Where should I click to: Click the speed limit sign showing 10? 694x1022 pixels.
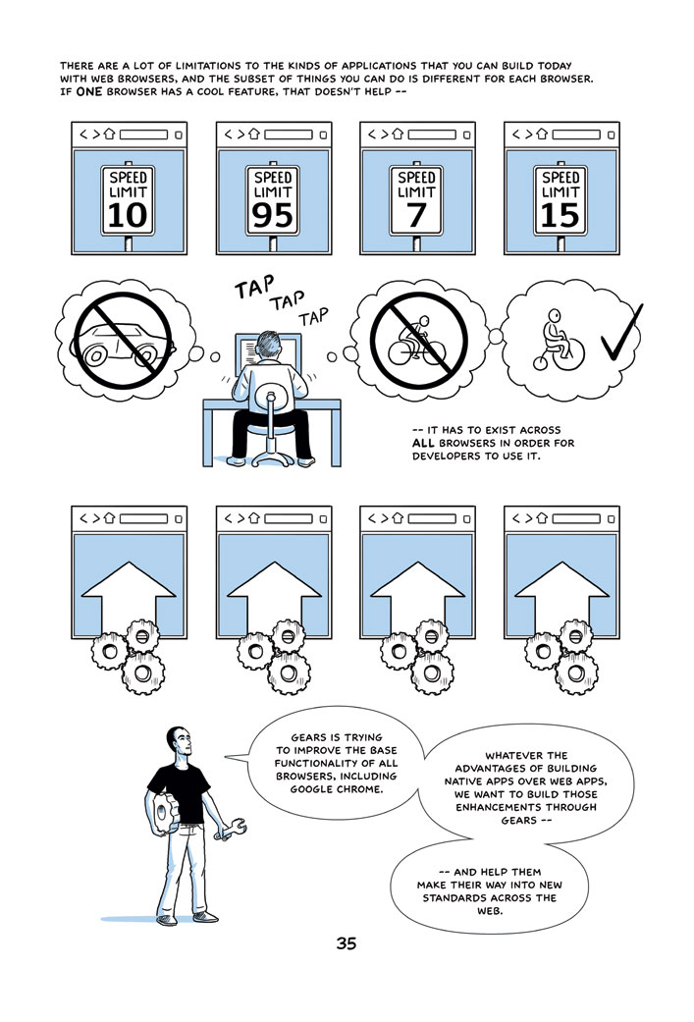pyautogui.click(x=128, y=200)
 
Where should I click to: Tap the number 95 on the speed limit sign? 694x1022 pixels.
pyautogui.click(x=272, y=216)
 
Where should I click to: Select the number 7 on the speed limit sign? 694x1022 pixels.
pyautogui.click(x=416, y=216)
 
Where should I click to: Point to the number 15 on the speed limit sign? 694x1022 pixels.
pyautogui.click(x=561, y=216)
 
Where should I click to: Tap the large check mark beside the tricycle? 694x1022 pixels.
pyautogui.click(x=621, y=334)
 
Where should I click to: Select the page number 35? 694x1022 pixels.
pyautogui.click(x=347, y=943)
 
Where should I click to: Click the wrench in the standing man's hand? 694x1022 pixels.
pyautogui.click(x=231, y=830)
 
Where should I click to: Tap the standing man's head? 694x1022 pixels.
pyautogui.click(x=180, y=742)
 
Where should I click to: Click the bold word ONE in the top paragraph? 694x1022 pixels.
pyautogui.click(x=89, y=92)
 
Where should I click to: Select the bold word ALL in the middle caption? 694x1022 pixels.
pyautogui.click(x=423, y=443)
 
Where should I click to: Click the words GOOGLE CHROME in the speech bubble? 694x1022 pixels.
pyautogui.click(x=337, y=789)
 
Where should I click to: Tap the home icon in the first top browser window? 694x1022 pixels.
pyautogui.click(x=109, y=134)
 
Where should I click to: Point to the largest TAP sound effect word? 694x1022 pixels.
pyautogui.click(x=255, y=288)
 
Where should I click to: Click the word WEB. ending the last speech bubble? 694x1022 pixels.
pyautogui.click(x=490, y=911)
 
